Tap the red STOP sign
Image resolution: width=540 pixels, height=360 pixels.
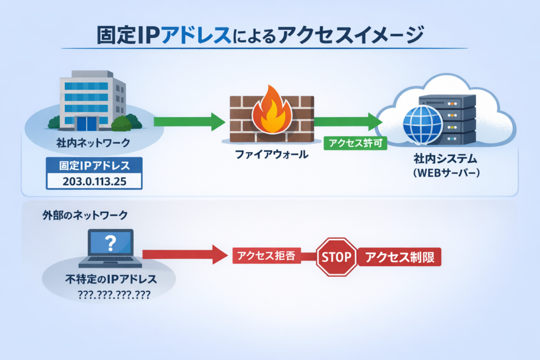pyautogui.click(x=336, y=257)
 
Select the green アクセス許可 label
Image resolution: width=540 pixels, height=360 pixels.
pyautogui.click(x=355, y=143)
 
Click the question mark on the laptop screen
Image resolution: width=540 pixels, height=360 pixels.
pyautogui.click(x=110, y=243)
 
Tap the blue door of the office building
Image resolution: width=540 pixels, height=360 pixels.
pyautogui.click(x=86, y=123)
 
